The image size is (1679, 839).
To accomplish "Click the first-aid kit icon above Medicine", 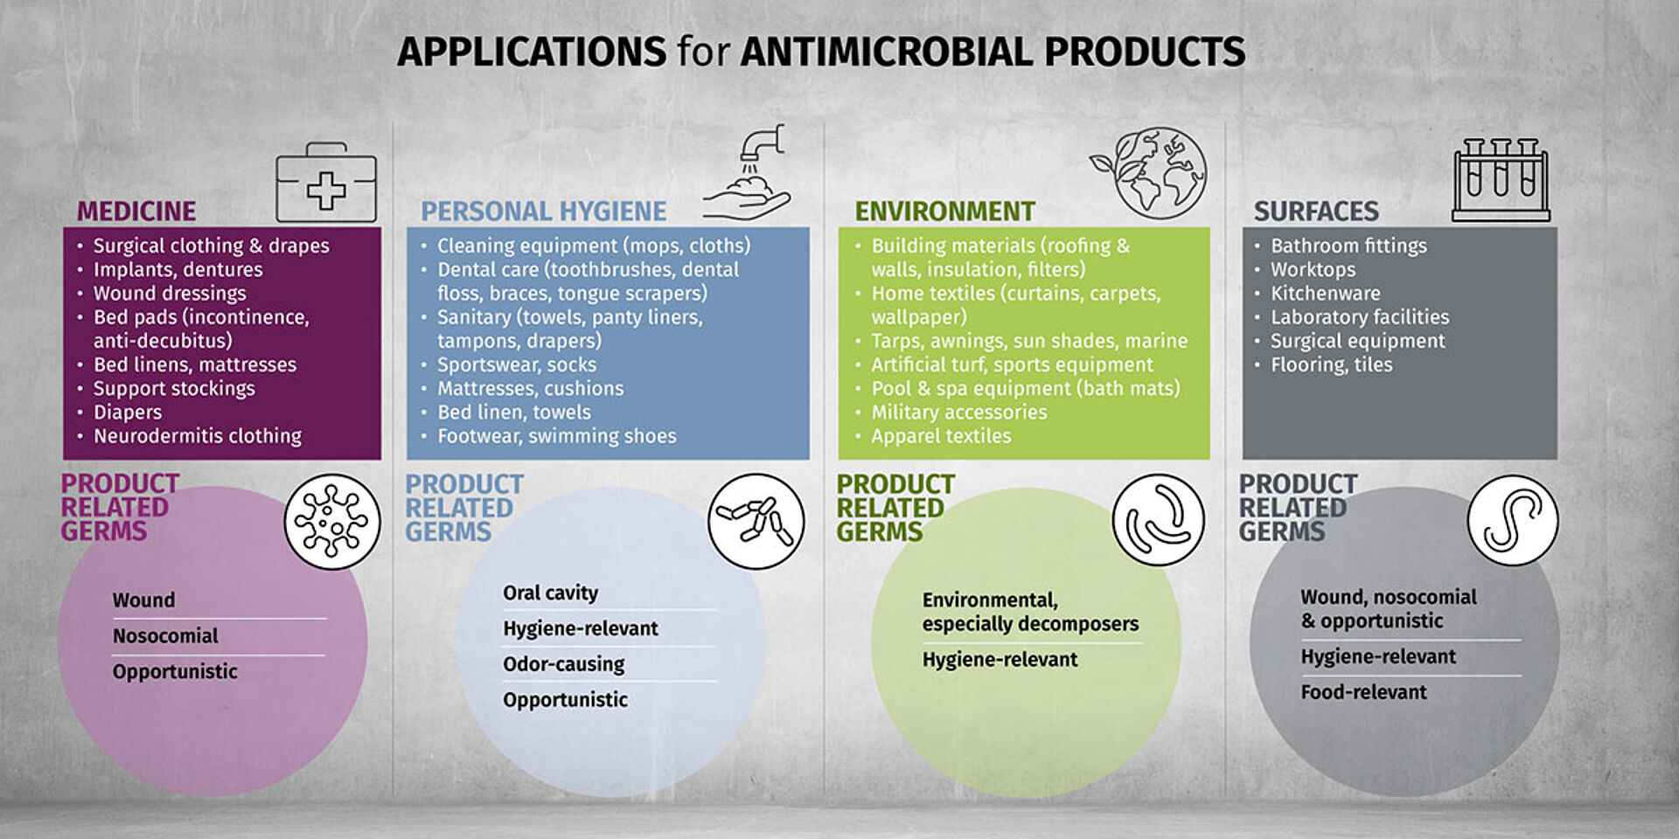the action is point(326,183).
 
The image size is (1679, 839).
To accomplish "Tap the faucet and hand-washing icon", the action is point(748,172).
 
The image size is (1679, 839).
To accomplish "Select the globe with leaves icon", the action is point(1149,172).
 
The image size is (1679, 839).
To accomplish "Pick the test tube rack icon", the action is point(1501,179).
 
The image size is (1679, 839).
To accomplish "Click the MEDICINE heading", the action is point(136,211).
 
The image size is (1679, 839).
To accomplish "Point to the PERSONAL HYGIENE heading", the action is point(543,211).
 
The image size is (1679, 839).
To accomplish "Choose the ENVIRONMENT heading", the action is point(944,211).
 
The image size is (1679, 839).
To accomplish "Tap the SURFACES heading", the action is point(1316,211).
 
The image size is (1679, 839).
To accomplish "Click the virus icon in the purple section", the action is point(332,522).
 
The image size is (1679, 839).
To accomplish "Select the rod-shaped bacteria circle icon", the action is point(756,522).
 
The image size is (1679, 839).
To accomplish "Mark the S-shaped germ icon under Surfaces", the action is point(1513,521).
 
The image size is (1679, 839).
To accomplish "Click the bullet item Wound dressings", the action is point(170,294).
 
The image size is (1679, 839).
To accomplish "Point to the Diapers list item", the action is point(128,413).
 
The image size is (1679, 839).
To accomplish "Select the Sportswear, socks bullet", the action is point(517,364).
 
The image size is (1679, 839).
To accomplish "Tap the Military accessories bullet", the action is point(959,413).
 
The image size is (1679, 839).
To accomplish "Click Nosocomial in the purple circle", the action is point(165,636).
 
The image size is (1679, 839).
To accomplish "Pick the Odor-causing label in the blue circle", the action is point(564,664).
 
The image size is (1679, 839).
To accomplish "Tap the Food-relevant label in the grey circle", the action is point(1363,692).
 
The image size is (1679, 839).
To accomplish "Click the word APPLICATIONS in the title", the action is point(532,52).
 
